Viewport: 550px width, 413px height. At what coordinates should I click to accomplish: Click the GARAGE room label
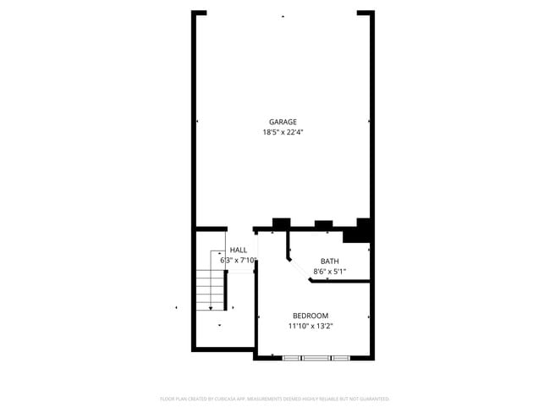click(283, 122)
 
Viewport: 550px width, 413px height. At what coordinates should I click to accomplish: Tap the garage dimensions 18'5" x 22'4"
click(283, 132)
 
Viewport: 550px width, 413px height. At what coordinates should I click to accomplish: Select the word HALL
click(239, 251)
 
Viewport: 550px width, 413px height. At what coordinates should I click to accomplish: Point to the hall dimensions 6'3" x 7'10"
click(239, 261)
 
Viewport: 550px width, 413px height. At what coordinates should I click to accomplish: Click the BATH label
click(329, 261)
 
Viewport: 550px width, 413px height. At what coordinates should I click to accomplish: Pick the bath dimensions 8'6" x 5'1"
click(329, 271)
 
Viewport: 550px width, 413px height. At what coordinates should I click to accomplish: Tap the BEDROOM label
click(310, 316)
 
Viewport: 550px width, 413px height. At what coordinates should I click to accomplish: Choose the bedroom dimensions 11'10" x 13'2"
click(310, 326)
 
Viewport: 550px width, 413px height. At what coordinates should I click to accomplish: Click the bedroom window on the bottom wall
click(316, 358)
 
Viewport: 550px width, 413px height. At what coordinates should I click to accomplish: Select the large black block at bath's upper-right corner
click(361, 230)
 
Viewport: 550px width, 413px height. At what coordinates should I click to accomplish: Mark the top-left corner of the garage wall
click(195, 14)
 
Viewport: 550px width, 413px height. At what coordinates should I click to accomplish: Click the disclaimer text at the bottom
click(274, 398)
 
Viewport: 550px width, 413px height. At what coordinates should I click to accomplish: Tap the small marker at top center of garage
click(283, 16)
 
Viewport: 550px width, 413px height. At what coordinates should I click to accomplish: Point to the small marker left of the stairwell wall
click(176, 307)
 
